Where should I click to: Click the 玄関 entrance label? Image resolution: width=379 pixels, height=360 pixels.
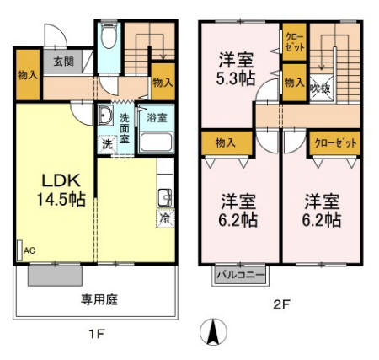pos(63,61)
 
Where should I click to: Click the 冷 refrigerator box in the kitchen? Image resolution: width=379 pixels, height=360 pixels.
pos(164,217)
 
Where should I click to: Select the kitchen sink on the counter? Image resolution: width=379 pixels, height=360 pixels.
pos(164,197)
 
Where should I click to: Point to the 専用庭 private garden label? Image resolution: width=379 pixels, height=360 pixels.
pos(98,299)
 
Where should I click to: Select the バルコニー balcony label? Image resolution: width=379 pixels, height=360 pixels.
pos(239,274)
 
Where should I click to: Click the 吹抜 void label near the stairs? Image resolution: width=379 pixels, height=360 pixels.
pos(319,87)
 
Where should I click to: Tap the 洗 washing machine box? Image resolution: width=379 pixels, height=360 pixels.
pos(107,143)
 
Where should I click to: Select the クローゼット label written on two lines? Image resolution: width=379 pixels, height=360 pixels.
pos(294,42)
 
